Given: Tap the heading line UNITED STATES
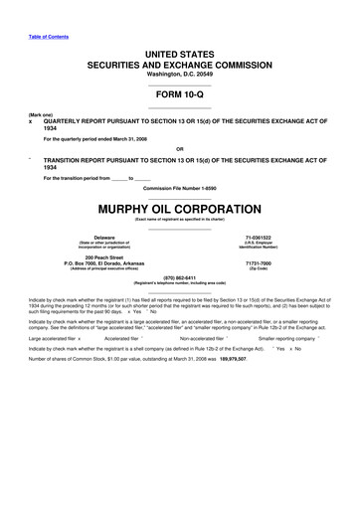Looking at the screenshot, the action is [179, 48].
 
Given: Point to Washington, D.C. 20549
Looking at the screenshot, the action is [179, 69].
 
